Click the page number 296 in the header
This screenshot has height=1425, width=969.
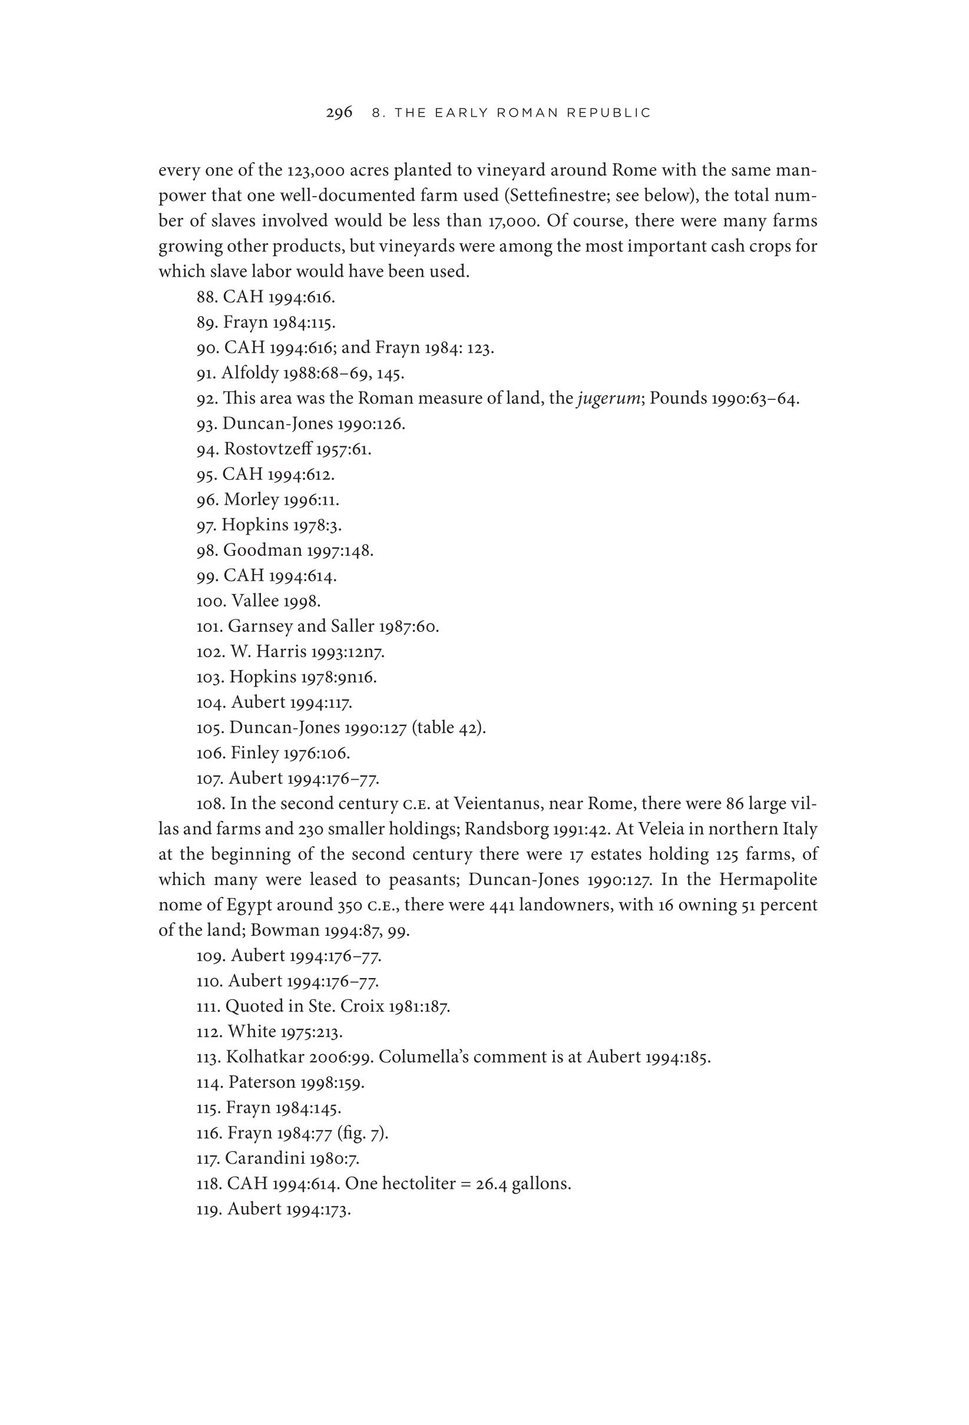pos(339,113)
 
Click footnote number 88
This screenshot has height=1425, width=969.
pos(207,297)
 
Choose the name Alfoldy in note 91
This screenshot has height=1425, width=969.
pos(250,373)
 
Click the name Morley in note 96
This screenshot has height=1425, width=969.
pos(252,500)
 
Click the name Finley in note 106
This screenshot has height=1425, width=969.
pos(252,753)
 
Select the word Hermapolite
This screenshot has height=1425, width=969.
pos(768,880)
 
